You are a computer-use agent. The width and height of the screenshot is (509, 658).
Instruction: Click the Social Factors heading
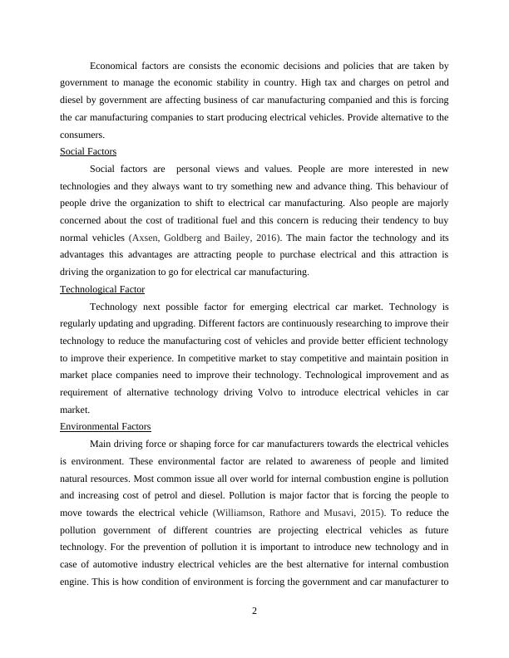point(88,151)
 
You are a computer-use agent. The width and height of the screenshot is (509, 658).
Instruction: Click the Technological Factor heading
point(102,289)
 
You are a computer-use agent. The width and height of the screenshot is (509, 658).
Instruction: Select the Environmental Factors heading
point(106,426)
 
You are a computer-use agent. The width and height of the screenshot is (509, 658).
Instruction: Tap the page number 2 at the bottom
point(254,612)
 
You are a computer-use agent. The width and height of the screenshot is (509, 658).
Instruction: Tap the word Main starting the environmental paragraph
point(101,444)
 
